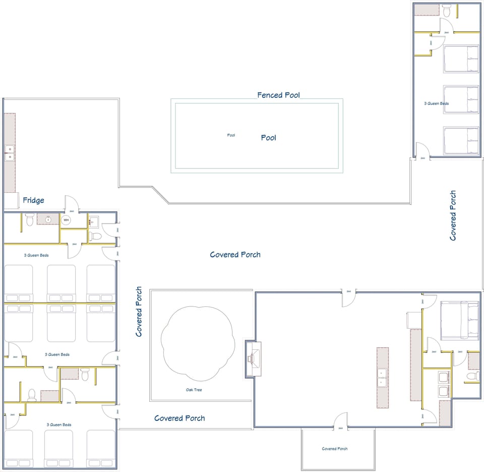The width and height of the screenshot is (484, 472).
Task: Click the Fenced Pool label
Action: click(278, 95)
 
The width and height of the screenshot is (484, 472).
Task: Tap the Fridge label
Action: click(33, 200)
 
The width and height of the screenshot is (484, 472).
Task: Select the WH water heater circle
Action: click(66, 220)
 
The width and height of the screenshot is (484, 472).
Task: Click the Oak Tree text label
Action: click(195, 390)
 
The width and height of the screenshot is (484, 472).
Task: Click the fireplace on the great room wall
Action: click(253, 358)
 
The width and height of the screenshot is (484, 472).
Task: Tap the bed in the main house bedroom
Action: click(459, 320)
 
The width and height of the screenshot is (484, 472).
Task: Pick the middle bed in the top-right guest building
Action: click(461, 99)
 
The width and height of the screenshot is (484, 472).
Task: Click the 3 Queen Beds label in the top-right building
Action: click(437, 103)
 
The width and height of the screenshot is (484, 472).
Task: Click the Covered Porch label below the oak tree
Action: click(179, 418)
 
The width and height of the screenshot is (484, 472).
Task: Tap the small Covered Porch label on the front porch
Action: click(335, 449)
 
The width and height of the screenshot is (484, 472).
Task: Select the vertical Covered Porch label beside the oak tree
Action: click(139, 311)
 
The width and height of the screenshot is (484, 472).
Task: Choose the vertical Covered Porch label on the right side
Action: click(453, 215)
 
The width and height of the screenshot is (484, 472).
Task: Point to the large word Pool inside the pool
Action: click(269, 137)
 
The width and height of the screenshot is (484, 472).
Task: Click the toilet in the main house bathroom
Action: click(472, 376)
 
